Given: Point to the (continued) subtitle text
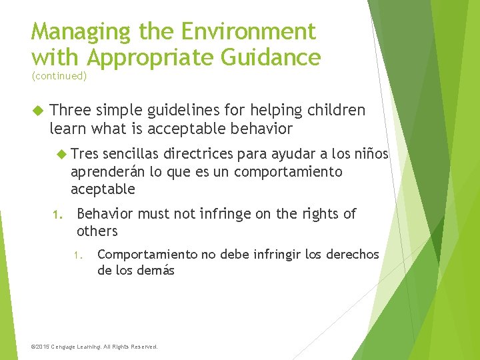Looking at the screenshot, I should [59, 76].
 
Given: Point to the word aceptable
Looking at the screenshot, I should [103, 189].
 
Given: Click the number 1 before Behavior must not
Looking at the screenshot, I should [57, 215].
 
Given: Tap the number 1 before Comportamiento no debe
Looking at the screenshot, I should [78, 255].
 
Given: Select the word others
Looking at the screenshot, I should [97, 231].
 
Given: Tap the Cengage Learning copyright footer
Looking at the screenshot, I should [95, 347].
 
